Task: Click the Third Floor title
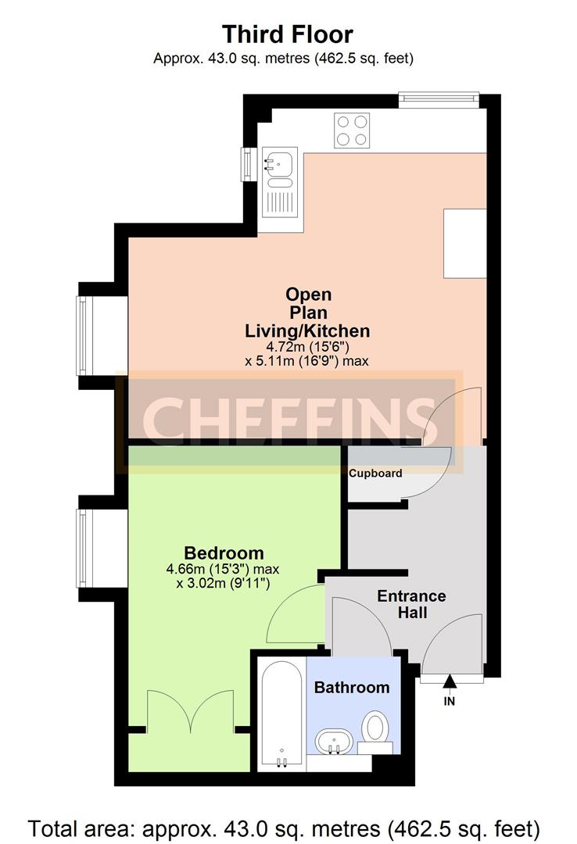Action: click(288, 34)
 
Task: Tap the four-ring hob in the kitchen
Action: click(352, 130)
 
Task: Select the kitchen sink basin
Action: click(278, 163)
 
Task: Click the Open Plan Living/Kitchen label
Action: click(307, 312)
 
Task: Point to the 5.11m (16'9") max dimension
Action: click(307, 360)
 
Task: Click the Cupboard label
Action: click(375, 473)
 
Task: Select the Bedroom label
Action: click(224, 553)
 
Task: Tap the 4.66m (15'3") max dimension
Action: click(223, 569)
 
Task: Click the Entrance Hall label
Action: click(411, 604)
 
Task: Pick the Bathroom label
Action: click(352, 688)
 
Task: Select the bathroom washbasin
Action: click(334, 742)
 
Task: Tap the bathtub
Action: click(281, 713)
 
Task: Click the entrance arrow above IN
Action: click(450, 681)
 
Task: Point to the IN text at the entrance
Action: click(450, 701)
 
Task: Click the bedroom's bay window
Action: click(82, 548)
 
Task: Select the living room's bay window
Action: click(82, 335)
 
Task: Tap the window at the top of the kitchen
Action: click(439, 98)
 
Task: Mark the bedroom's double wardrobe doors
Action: click(191, 710)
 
